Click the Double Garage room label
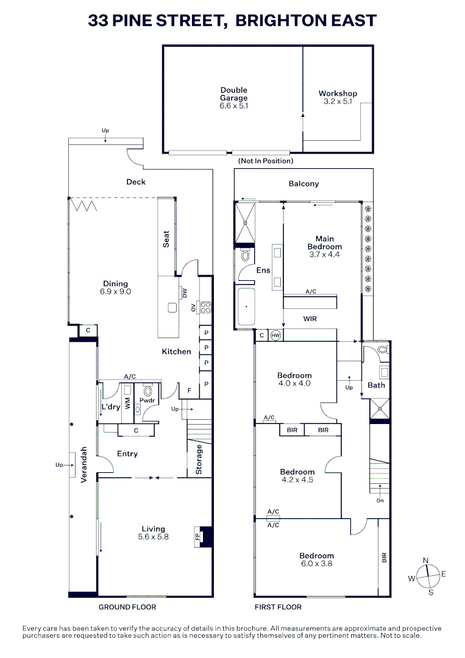(234, 94)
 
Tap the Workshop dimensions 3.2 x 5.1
(338, 101)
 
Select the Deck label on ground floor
(136, 182)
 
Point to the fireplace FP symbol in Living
(197, 537)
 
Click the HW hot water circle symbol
(275, 335)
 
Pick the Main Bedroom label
(325, 242)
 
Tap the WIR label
(310, 319)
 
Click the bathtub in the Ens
(246, 306)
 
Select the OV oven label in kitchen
(193, 308)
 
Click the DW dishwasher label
(185, 293)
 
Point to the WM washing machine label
(127, 404)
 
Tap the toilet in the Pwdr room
(147, 391)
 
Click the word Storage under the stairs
(199, 459)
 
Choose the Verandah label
(83, 464)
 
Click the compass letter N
(425, 561)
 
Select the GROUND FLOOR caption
(127, 607)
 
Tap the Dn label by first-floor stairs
(380, 500)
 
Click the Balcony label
(304, 183)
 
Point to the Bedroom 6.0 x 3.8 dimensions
(316, 564)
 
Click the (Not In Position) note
(266, 161)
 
